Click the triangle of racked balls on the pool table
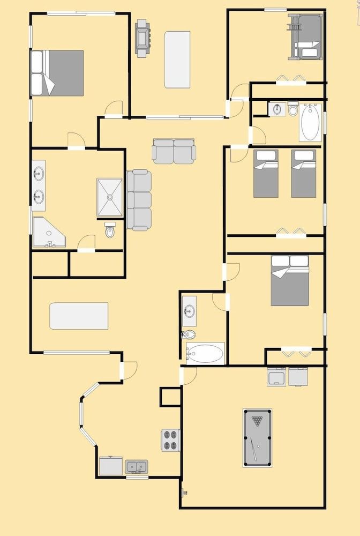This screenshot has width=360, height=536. click(x=258, y=421)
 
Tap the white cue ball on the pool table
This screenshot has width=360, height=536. click(x=258, y=446)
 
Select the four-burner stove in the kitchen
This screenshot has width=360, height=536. click(x=171, y=440)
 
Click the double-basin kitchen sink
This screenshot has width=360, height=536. click(x=137, y=466)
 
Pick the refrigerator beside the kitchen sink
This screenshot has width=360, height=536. click(x=111, y=466)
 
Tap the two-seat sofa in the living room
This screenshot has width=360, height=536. click(x=174, y=151)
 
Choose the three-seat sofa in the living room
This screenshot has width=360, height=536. click(x=139, y=200)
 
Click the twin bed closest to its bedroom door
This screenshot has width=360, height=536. click(x=266, y=174)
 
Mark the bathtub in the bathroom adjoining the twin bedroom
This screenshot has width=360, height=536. click(x=311, y=123)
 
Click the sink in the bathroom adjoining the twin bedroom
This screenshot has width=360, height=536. click(x=277, y=109)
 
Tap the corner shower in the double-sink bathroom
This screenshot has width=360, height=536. click(x=48, y=233)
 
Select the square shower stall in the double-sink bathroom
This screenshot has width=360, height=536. click(x=109, y=197)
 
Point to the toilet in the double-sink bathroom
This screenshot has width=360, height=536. click(x=110, y=231)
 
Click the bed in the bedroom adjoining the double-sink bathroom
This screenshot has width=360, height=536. click(x=57, y=73)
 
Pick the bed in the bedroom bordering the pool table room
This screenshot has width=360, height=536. click(x=290, y=280)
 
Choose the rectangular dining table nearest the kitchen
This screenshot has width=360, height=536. click(x=79, y=316)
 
